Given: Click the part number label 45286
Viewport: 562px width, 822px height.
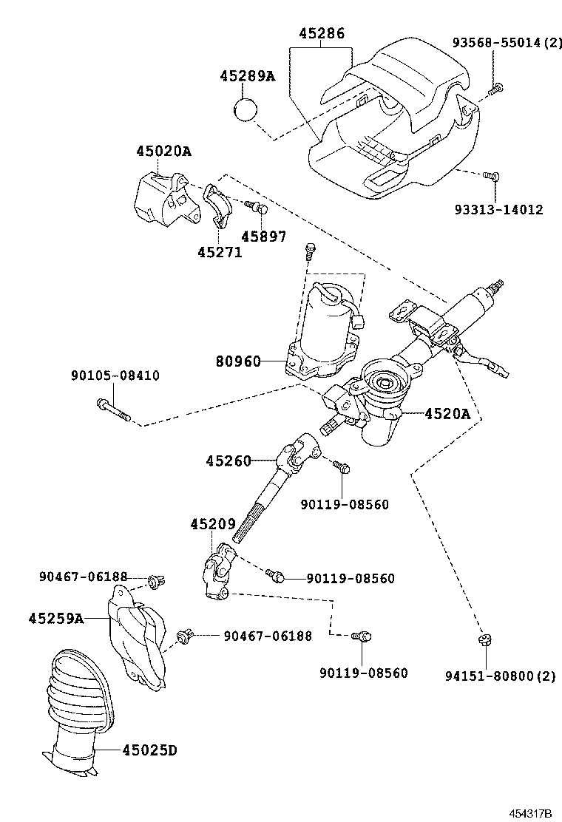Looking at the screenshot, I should point(322,34).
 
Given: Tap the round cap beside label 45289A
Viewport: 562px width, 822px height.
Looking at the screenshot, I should point(245,111).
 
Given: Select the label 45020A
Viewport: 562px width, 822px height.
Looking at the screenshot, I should point(163,152).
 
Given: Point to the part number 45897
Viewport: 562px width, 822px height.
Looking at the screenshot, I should point(263,237).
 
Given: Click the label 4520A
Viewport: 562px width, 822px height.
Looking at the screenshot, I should point(447,414).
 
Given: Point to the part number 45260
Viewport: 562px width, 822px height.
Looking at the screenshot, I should point(228,461).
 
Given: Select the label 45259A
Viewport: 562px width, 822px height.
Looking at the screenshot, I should point(56,617).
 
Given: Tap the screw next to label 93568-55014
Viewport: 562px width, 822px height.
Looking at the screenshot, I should point(495,90).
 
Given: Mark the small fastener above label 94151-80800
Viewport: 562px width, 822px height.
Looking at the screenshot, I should point(485,640).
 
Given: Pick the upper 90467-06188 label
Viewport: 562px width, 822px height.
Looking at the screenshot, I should point(83,577).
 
